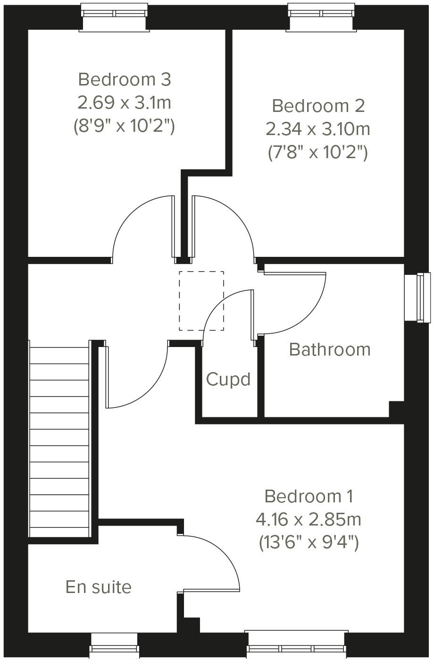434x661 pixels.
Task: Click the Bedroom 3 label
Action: point(125,79)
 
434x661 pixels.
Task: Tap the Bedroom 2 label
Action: point(318,106)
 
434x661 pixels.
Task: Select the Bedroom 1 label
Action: point(309,496)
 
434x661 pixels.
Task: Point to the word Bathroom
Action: point(330,350)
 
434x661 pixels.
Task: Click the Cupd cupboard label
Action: point(228,380)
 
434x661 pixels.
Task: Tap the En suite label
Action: point(99,587)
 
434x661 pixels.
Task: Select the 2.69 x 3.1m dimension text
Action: point(125,102)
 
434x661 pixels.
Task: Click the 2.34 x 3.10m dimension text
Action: point(318,129)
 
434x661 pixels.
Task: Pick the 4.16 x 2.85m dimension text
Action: point(309,519)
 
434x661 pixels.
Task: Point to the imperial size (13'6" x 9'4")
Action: point(309,542)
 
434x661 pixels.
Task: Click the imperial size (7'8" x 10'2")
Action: point(318,152)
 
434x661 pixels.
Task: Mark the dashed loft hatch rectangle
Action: point(201,301)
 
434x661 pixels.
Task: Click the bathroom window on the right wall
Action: point(418,297)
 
